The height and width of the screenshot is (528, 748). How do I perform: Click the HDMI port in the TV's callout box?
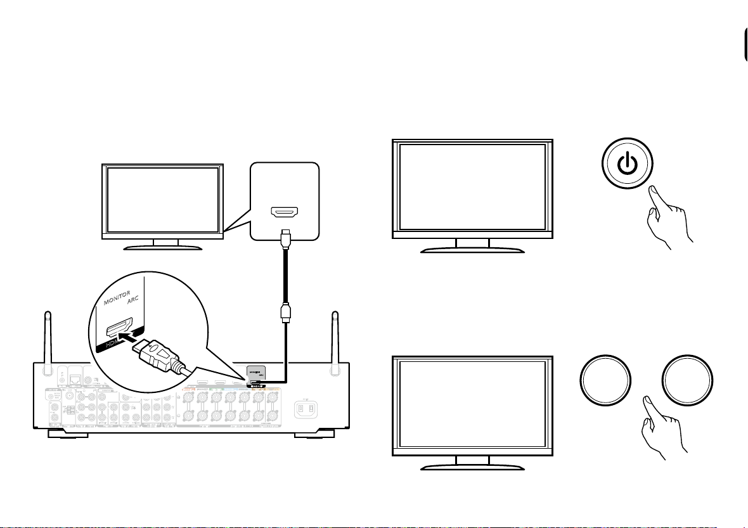(285, 214)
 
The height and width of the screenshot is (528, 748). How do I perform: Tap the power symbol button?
(626, 165)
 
